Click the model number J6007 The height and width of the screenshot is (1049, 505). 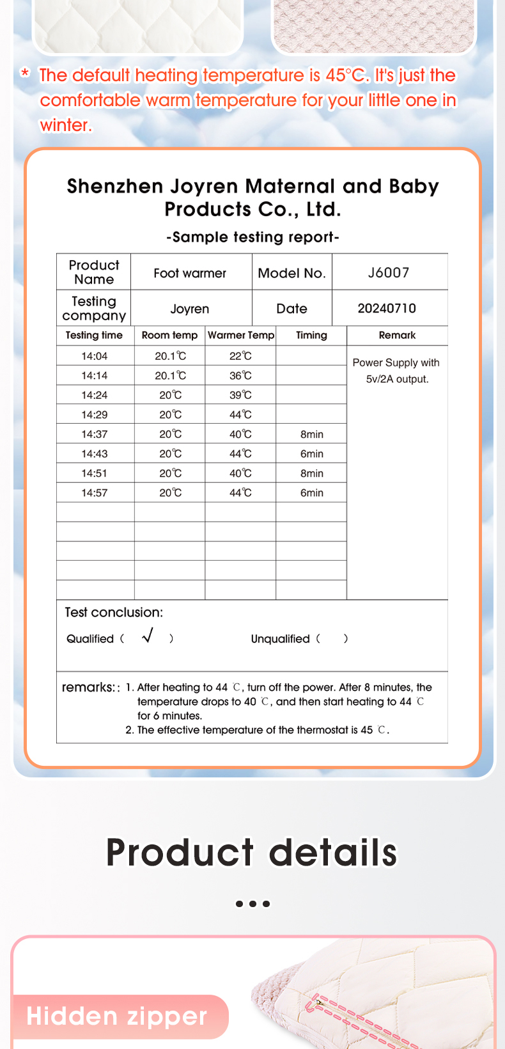pyautogui.click(x=388, y=272)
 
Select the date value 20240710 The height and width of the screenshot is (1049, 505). pyautogui.click(x=387, y=309)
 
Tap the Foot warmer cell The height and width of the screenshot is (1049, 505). pyautogui.click(x=190, y=273)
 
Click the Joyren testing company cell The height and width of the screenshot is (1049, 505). pyautogui.click(x=190, y=309)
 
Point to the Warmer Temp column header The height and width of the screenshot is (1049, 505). pyautogui.click(x=241, y=335)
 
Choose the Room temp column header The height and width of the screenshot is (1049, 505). pyautogui.click(x=169, y=335)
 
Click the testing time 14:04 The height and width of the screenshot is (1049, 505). pyautogui.click(x=95, y=356)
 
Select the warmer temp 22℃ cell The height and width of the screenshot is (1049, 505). pyautogui.click(x=240, y=356)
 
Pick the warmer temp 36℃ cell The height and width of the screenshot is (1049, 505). pyautogui.click(x=240, y=376)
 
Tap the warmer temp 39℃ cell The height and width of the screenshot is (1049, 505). pyautogui.click(x=240, y=395)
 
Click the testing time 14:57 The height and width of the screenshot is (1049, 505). pyautogui.click(x=95, y=493)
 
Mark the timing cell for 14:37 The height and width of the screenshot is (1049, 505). pyautogui.click(x=312, y=435)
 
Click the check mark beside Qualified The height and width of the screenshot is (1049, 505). pyautogui.click(x=148, y=635)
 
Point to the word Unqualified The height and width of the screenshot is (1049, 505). pyautogui.click(x=280, y=639)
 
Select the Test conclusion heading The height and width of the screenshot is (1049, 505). pyautogui.click(x=114, y=612)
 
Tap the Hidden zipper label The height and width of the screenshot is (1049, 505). pyautogui.click(x=117, y=1016)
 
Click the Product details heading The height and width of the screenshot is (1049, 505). pyautogui.click(x=252, y=852)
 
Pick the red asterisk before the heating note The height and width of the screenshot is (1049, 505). pyautogui.click(x=25, y=74)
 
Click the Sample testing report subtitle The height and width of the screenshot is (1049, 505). pyautogui.click(x=252, y=237)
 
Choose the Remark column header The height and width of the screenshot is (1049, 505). pyautogui.click(x=397, y=335)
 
